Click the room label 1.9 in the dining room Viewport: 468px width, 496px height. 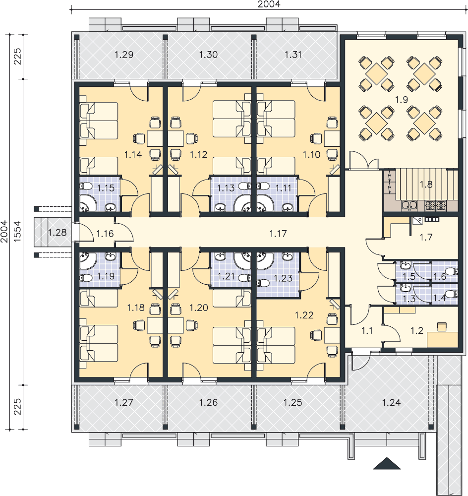pos(401,100)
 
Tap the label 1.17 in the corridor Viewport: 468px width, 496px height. pos(278,234)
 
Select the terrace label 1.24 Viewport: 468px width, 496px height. pos(391,402)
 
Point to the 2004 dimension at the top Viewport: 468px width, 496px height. pos(269,4)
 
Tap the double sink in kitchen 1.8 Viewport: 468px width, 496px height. pos(409,206)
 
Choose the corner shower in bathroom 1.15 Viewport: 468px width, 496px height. pos(86,203)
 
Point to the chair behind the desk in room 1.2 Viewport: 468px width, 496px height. pos(442,326)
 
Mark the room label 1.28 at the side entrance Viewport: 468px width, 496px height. pos(57,233)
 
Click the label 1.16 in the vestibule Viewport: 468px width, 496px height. pos(105,234)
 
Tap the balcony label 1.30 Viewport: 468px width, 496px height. pos(208,55)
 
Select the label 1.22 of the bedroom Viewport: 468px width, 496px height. pos(304,315)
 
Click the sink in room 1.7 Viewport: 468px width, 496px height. pos(417,221)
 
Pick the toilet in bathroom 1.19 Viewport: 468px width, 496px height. pos(85,278)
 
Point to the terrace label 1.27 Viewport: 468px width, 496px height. pos(123,402)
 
